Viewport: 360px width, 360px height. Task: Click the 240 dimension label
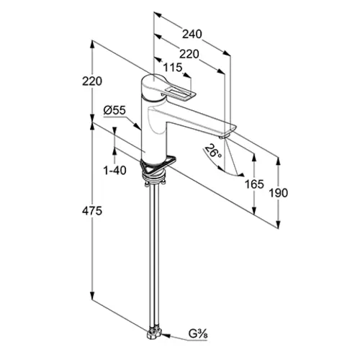192,35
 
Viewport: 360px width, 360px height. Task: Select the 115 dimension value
173,68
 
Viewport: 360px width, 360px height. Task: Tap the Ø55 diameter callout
114,110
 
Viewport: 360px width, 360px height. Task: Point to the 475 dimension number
92,211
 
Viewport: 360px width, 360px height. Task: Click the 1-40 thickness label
114,171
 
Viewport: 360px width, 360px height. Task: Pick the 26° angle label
213,151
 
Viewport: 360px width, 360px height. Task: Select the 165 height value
254,184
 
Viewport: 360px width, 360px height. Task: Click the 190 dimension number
278,193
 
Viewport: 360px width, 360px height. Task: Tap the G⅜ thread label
198,334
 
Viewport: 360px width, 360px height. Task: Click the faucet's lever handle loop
179,94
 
